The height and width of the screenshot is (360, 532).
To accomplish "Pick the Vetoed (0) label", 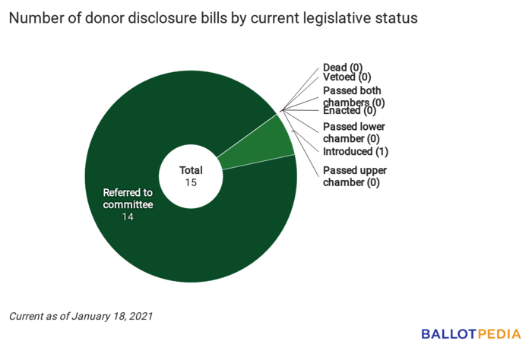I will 347,77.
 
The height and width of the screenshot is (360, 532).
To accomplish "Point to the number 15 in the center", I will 192,183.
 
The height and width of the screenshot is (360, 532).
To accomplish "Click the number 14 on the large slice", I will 128,218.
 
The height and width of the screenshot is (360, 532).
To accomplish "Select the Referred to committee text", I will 128,199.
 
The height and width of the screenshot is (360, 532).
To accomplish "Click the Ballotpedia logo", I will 471,334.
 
